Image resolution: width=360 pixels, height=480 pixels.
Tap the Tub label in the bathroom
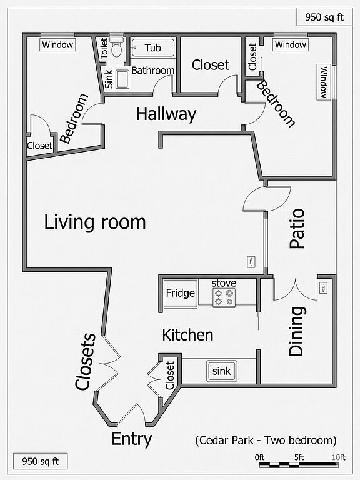tap(152, 47)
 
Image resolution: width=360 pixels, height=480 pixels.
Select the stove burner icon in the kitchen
tap(224, 297)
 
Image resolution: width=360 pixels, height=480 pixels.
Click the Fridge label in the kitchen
tap(180, 293)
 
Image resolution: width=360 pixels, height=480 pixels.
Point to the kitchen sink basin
tap(221, 371)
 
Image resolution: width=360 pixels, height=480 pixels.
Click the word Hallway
tap(166, 114)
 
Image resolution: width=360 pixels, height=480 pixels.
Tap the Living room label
tap(95, 222)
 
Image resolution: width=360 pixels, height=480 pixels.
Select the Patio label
tap(297, 228)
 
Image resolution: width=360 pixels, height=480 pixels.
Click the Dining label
tap(296, 331)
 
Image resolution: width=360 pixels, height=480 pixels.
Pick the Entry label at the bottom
tap(132, 439)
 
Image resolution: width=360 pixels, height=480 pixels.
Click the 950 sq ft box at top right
tap(324, 17)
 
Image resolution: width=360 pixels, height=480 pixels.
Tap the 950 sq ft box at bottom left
tap(41, 461)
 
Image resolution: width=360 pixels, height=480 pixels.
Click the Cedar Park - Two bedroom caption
tap(266, 441)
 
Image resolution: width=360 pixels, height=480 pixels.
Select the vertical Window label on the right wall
tap(324, 82)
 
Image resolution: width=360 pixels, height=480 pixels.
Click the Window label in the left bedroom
tap(57, 45)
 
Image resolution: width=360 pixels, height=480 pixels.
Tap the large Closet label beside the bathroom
tap(211, 65)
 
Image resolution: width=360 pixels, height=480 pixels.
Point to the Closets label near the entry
tap(86, 361)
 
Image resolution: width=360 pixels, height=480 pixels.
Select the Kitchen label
tap(187, 335)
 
